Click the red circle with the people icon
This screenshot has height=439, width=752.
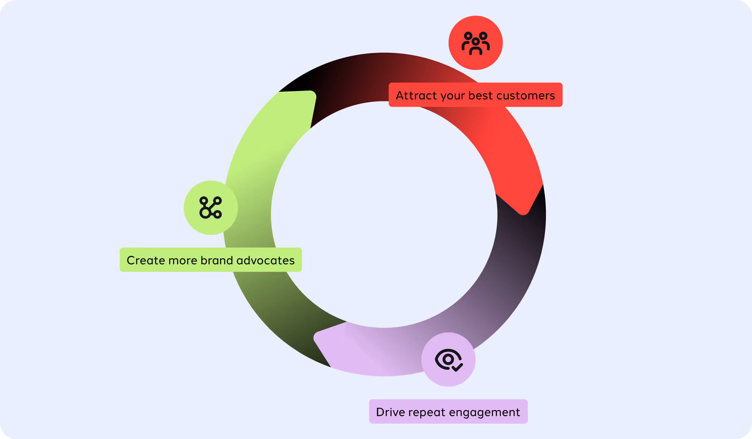475,43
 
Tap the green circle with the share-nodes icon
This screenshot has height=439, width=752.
211,208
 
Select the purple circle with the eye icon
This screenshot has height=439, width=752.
448,359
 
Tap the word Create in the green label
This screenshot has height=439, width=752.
146,260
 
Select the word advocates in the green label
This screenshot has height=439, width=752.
265,260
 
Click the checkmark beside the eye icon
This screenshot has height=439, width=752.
458,367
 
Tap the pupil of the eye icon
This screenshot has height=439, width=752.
448,359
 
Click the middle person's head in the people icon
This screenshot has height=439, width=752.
476,41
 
